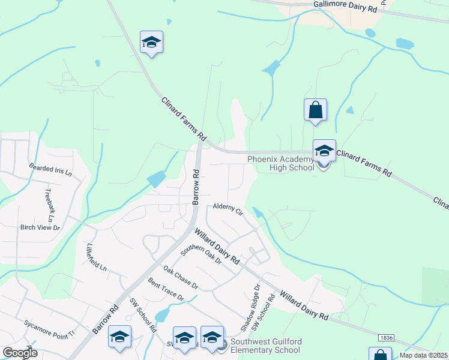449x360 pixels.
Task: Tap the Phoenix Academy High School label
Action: pyautogui.click(x=282, y=163)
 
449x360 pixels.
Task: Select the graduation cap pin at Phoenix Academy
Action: pyautogui.click(x=324, y=151)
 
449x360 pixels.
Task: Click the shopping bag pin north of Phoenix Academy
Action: pyautogui.click(x=316, y=110)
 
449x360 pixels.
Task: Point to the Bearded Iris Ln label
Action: pyautogui.click(x=51, y=169)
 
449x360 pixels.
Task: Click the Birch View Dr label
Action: pyautogui.click(x=41, y=227)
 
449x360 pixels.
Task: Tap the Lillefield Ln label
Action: pyautogui.click(x=95, y=257)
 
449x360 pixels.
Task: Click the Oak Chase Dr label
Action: pyautogui.click(x=181, y=277)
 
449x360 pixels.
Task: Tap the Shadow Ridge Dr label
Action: pyautogui.click(x=251, y=308)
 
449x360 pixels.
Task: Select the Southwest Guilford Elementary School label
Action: pyautogui.click(x=266, y=346)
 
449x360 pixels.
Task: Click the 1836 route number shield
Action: pyautogui.click(x=387, y=338)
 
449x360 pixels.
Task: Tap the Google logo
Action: pyautogui.click(x=20, y=353)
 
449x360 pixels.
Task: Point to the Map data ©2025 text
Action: pyautogui.click(x=424, y=355)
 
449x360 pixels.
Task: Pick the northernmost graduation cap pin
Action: pyautogui.click(x=151, y=43)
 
